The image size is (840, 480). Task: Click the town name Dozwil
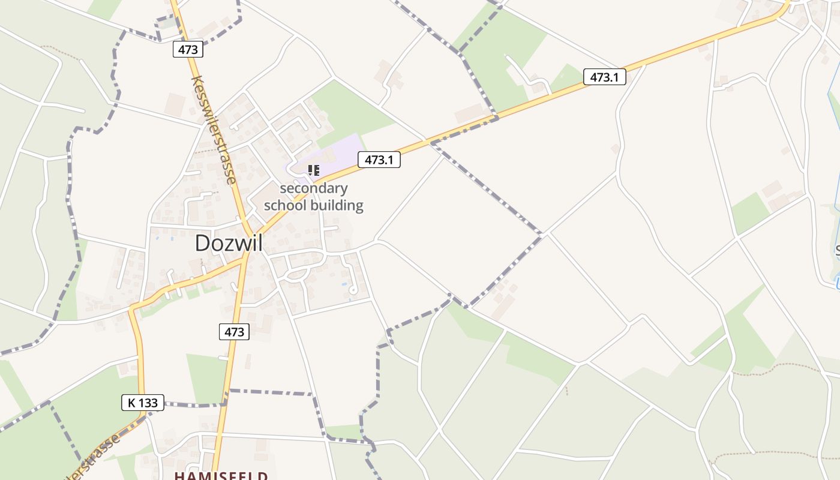pyautogui.click(x=229, y=243)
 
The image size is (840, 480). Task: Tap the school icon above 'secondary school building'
pyautogui.click(x=313, y=170)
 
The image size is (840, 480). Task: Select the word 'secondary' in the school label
pyautogui.click(x=313, y=188)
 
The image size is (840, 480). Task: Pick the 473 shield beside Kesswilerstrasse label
pyautogui.click(x=188, y=49)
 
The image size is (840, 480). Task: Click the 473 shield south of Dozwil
pyautogui.click(x=234, y=331)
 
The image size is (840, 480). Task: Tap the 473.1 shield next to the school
pyautogui.click(x=379, y=160)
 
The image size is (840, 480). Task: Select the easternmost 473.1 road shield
pyautogui.click(x=604, y=77)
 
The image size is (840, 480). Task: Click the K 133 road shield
pyautogui.click(x=143, y=403)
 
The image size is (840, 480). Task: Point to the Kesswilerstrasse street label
pyautogui.click(x=213, y=129)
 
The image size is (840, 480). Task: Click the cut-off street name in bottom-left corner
pyautogui.click(x=90, y=459)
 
